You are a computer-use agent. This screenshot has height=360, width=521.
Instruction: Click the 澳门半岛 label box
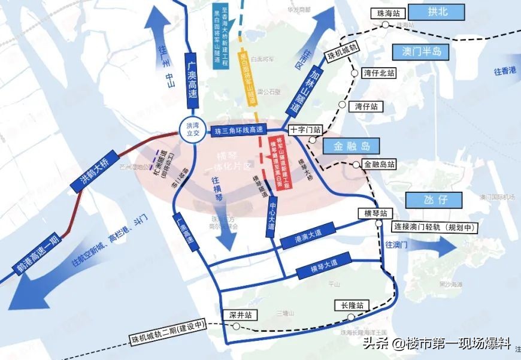click(x=420, y=52)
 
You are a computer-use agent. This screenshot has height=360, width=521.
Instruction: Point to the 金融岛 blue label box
click(x=349, y=146)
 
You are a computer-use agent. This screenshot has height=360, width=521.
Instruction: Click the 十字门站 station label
click(x=305, y=129)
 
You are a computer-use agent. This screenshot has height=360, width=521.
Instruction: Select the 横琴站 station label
click(x=375, y=213)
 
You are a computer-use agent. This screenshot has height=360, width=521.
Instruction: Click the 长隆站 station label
click(x=352, y=304)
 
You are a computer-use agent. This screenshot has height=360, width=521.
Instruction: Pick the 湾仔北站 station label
click(x=379, y=73)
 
